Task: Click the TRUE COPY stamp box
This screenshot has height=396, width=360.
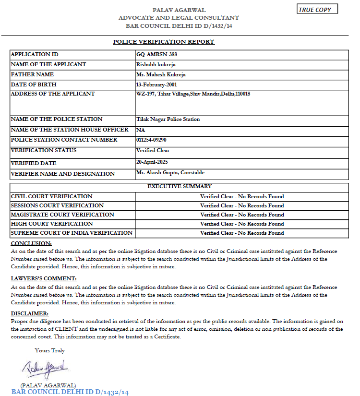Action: (x=317, y=9)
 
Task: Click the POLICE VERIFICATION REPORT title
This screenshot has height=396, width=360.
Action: (x=164, y=42)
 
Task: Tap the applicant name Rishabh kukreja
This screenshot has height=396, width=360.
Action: (x=156, y=65)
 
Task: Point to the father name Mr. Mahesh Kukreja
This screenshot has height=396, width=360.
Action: (x=161, y=75)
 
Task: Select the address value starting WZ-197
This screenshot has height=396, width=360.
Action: (x=193, y=94)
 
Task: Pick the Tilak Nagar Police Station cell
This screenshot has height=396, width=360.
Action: (x=168, y=119)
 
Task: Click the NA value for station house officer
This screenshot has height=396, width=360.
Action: (x=141, y=130)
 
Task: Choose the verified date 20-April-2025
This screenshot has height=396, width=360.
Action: (x=152, y=162)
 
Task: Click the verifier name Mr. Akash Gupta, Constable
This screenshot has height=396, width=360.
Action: (x=170, y=172)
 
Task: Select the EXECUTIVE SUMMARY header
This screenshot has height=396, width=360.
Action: (x=180, y=186)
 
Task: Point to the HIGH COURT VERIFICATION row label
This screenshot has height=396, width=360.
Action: (x=52, y=224)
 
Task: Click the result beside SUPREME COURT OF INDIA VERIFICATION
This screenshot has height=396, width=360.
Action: (x=242, y=233)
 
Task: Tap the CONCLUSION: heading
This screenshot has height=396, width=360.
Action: (x=31, y=243)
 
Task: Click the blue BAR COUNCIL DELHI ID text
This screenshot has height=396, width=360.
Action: (x=70, y=392)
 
